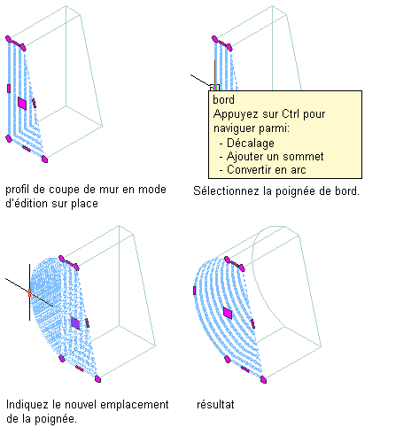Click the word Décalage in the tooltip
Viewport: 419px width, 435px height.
[x=251, y=143]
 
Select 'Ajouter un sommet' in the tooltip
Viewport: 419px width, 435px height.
[x=275, y=156]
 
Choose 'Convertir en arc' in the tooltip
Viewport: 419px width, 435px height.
[x=267, y=170]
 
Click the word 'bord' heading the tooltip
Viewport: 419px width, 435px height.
[x=223, y=100]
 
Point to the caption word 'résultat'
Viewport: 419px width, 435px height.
[x=215, y=404]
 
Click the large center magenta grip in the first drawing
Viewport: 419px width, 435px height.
[x=22, y=104]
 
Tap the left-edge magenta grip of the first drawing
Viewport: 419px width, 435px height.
[x=9, y=89]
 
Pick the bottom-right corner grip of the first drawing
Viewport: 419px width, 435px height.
[x=44, y=159]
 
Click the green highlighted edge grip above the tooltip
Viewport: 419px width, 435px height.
[x=215, y=88]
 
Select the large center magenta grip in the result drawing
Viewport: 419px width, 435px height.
[x=228, y=313]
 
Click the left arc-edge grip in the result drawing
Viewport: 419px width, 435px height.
[x=194, y=291]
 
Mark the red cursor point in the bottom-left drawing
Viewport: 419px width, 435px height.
[x=29, y=293]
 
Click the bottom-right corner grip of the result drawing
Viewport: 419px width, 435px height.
[x=263, y=380]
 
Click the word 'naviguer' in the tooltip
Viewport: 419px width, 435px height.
[x=235, y=128]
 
